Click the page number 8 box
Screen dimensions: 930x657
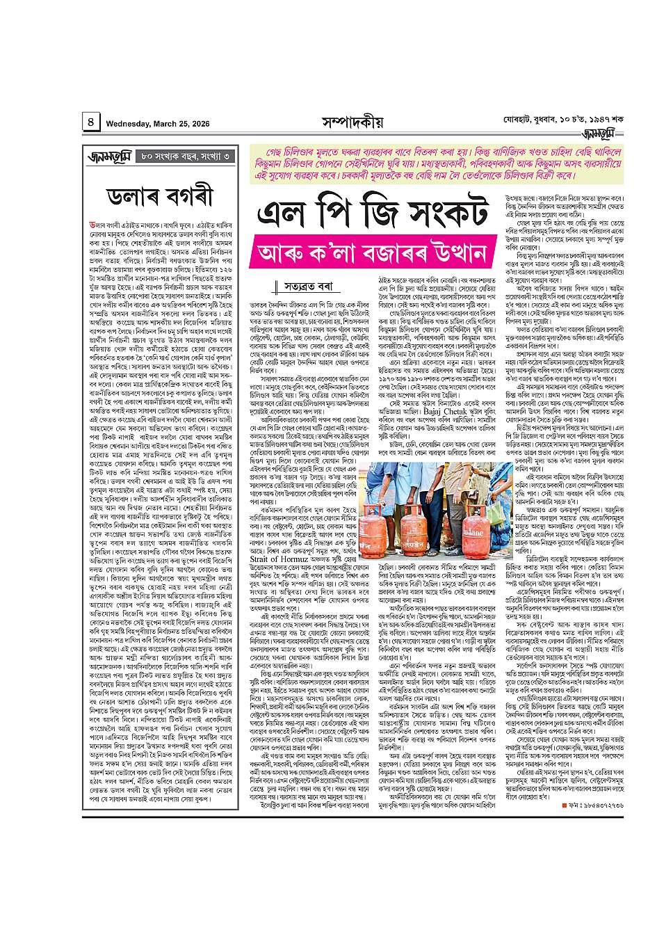[91, 123]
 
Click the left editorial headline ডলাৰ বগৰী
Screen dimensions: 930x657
[164, 198]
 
